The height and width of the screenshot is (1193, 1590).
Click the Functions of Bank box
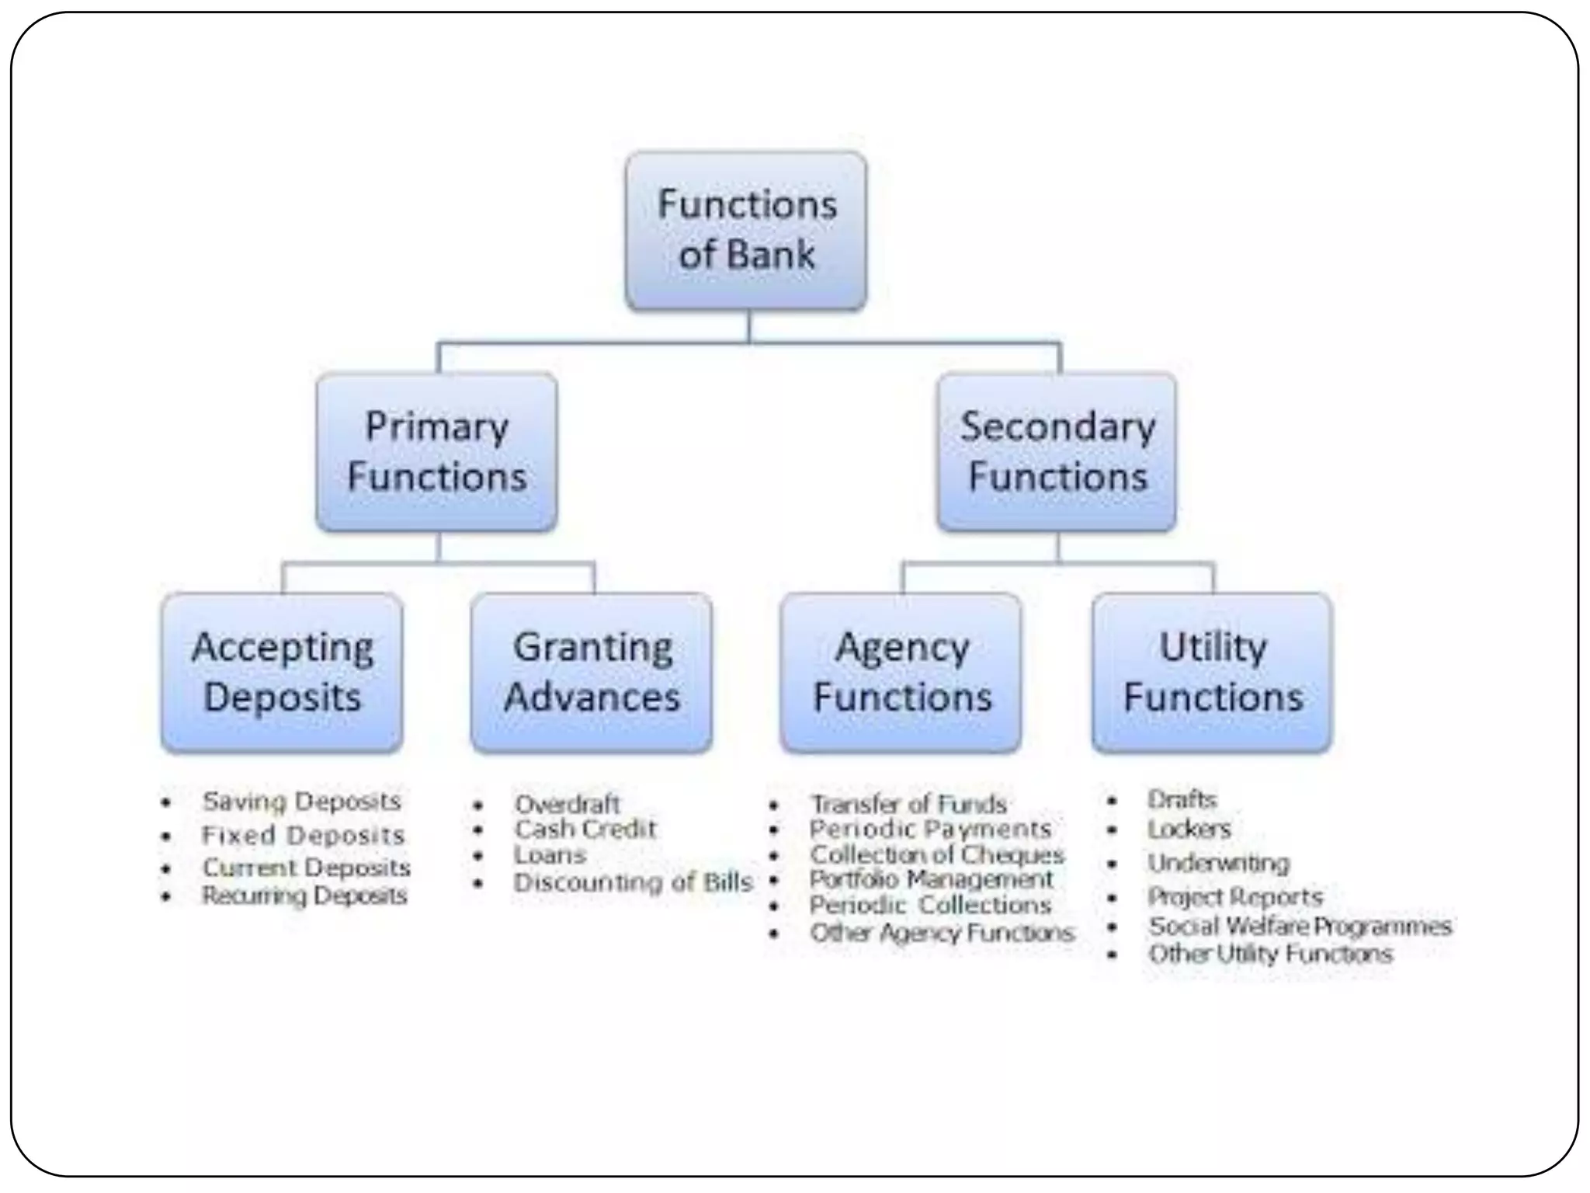[746, 231]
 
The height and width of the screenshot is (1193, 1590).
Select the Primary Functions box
[436, 452]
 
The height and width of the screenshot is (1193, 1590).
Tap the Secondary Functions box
[1057, 452]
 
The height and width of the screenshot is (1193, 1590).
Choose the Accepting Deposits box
[282, 673]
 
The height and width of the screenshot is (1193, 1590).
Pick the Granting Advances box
[592, 673]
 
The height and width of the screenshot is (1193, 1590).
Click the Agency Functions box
[901, 673]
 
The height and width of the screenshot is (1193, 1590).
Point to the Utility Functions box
[1212, 673]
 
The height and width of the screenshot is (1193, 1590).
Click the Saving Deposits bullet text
[301, 801]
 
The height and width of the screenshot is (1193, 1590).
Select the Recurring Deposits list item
[304, 896]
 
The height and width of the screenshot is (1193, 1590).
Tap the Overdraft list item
[567, 804]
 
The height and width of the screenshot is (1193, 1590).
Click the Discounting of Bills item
[633, 882]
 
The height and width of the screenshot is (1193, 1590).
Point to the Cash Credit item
[585, 830]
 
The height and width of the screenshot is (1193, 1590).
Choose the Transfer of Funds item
[908, 804]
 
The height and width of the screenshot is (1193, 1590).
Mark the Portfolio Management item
[931, 879]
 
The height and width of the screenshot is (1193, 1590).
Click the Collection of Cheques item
[936, 854]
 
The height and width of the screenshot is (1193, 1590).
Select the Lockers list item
[1189, 830]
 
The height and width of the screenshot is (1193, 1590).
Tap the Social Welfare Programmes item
[1300, 926]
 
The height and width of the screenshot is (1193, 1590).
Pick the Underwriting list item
[1218, 863]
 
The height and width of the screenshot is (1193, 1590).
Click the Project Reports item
[1235, 896]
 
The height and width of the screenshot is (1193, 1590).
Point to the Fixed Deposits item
[303, 835]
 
